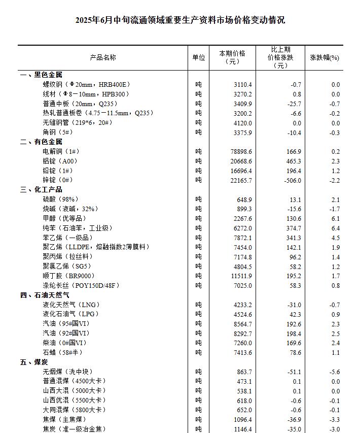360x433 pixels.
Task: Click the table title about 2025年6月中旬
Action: pyautogui.click(x=180, y=20)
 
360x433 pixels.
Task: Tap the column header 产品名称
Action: pyautogui.click(x=103, y=57)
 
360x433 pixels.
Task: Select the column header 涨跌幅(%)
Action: pyautogui.click(x=325, y=57)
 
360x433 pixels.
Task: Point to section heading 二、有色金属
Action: pyautogui.click(x=41, y=142)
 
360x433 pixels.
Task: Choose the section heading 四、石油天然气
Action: pyautogui.click(x=45, y=295)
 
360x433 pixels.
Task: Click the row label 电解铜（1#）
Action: pyautogui.click(x=61, y=151)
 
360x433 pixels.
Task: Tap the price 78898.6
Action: pyautogui.click(x=241, y=151)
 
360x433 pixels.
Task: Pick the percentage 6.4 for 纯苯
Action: pyautogui.click(x=335, y=228)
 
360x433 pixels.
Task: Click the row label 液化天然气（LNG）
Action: pyautogui.click(x=71, y=305)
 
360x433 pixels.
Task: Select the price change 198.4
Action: pyautogui.click(x=293, y=334)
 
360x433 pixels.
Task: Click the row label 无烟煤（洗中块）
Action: pyautogui.click(x=67, y=372)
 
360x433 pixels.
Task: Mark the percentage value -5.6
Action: pyautogui.click(x=335, y=372)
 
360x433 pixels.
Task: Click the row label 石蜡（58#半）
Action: pyautogui.click(x=62, y=352)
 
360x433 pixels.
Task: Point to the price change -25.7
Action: pyautogui.click(x=293, y=104)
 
